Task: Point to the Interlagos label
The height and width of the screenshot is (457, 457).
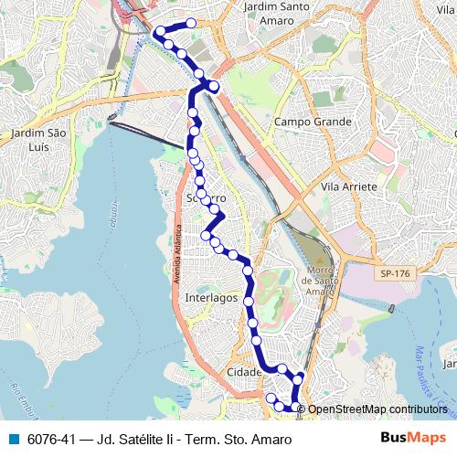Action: (x=210, y=299)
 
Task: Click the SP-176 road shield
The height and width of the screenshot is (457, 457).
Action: (x=394, y=273)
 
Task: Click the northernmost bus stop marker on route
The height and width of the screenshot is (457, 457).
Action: (x=191, y=23)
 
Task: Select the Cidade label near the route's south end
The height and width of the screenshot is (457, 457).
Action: (x=244, y=372)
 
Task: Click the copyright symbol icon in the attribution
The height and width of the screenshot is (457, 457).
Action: (x=303, y=409)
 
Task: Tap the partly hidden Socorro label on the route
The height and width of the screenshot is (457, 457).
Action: (x=206, y=199)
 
